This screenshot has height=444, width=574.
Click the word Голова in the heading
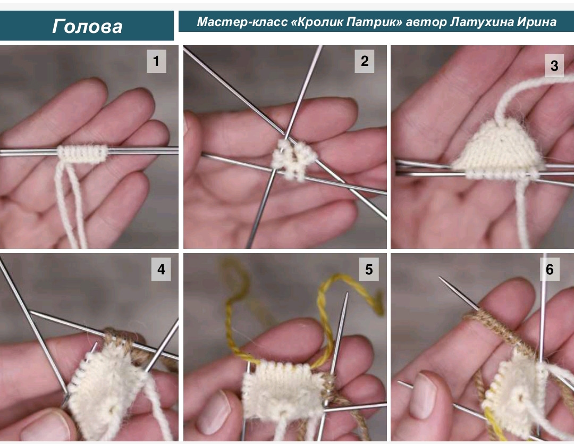87,27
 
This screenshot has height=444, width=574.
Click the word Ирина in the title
537,22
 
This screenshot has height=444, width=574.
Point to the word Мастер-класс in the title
242,22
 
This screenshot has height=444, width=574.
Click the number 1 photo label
156,61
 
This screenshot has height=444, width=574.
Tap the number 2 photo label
364,61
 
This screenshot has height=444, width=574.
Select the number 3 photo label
554,65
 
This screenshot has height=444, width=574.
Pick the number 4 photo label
161,270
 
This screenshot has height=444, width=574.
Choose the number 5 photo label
369,270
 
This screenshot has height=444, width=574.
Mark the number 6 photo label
550,270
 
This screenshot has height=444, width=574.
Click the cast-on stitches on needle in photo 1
82,153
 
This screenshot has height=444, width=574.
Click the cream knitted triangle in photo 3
499,149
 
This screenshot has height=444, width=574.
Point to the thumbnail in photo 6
423,396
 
